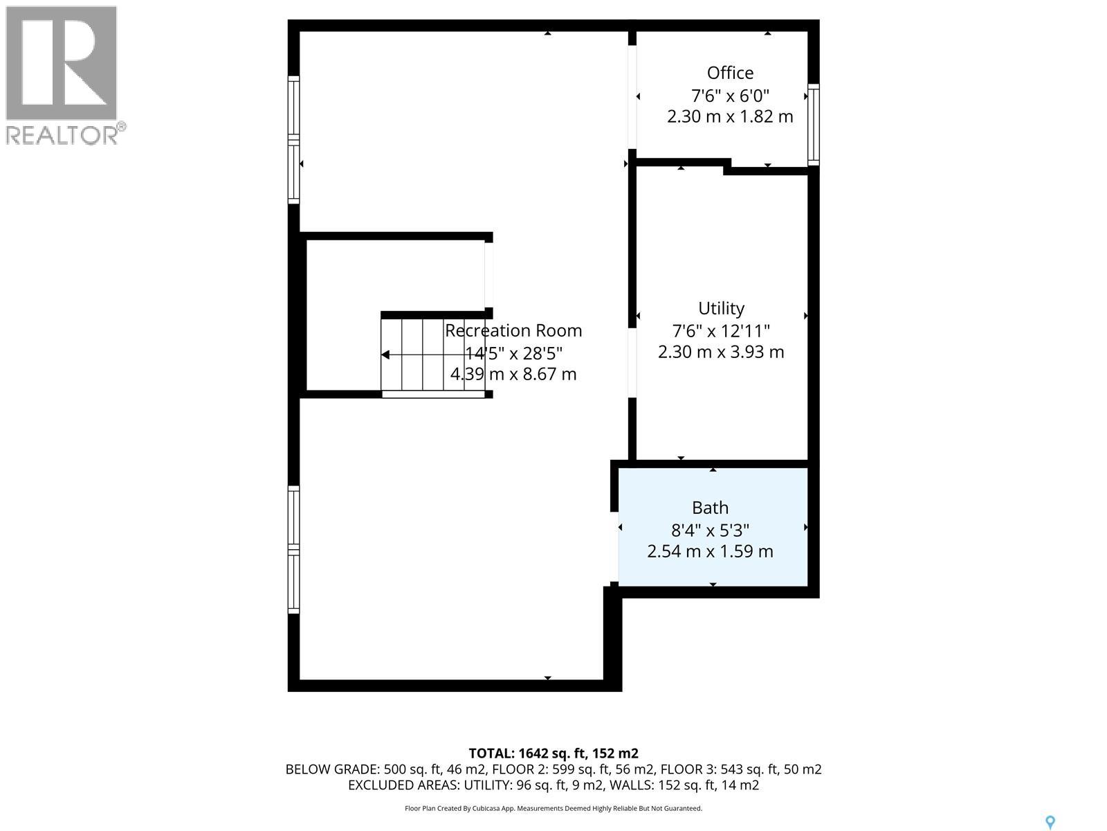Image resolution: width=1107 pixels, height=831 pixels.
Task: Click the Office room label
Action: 730,73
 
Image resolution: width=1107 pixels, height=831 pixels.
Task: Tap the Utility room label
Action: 721,308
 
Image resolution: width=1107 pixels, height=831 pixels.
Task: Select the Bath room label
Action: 710,508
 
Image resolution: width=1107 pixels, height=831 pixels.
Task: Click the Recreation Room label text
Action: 513,330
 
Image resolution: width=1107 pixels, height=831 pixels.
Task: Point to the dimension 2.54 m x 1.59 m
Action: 710,551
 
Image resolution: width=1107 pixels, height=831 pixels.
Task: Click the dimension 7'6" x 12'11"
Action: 721,330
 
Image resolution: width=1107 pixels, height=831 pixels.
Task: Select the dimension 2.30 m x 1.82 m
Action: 730,116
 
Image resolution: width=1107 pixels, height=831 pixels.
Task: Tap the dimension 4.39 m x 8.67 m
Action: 513,374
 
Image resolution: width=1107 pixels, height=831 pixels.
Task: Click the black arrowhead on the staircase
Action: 385,355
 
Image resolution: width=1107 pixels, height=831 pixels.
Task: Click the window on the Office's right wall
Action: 814,125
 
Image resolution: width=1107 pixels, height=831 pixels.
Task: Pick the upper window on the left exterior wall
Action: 293,139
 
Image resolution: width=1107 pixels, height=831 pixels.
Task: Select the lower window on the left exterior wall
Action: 293,550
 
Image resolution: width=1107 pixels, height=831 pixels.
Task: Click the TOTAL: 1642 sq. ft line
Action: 553,753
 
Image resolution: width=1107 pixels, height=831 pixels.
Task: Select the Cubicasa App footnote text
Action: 553,808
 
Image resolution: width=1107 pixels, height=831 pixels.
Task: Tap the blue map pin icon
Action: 1050,822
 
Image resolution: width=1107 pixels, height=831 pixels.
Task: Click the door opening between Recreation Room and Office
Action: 632,97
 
